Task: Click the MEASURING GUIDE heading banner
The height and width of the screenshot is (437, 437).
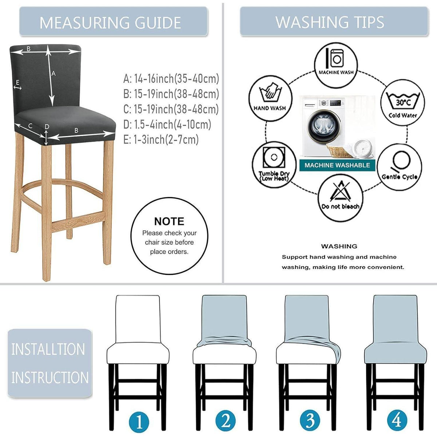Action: pos(113,21)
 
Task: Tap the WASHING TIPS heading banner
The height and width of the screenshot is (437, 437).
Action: pos(334,21)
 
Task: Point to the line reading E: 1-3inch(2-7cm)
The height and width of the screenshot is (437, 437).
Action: pos(161,139)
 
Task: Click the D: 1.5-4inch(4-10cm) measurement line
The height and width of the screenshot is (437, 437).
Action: pos(167,124)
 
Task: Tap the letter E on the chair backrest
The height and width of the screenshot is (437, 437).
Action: pos(17,82)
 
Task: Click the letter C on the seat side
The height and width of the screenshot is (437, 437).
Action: pos(30,126)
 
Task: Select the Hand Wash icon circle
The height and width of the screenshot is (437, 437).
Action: pos(270,97)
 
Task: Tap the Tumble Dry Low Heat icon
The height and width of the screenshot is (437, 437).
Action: pos(274,165)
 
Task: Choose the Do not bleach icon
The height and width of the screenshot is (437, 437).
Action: pos(340,198)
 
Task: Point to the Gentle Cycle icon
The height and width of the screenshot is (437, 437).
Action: pos(399,167)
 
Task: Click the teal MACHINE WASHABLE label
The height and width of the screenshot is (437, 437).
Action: pos(337,165)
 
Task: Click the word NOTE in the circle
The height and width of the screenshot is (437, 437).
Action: pos(169,221)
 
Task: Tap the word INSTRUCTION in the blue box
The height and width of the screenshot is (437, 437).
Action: pos(50,378)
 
